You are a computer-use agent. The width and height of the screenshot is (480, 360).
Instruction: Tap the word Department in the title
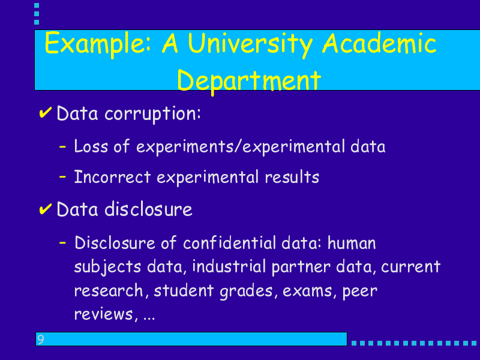[249, 81]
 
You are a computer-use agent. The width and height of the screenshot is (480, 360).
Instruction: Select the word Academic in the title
[379, 43]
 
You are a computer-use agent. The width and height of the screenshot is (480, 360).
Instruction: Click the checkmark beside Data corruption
[45, 113]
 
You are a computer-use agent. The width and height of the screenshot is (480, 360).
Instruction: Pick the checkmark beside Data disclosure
[45, 209]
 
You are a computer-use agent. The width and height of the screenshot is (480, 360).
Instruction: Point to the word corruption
[152, 115]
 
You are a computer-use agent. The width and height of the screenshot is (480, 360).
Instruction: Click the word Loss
[91, 146]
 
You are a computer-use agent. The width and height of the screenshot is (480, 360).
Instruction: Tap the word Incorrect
[112, 177]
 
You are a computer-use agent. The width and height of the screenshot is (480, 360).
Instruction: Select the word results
[292, 177]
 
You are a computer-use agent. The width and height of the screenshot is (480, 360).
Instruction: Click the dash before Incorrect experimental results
[62, 176]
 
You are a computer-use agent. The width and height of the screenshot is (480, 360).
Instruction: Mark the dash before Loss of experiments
[62, 146]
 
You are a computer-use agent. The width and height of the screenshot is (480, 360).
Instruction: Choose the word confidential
[230, 243]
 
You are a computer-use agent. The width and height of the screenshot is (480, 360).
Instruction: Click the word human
[352, 243]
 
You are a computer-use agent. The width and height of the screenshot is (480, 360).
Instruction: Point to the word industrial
[229, 266]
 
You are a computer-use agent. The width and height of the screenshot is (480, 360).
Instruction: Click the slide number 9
[40, 339]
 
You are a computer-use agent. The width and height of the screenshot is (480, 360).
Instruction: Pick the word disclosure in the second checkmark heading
[148, 209]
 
